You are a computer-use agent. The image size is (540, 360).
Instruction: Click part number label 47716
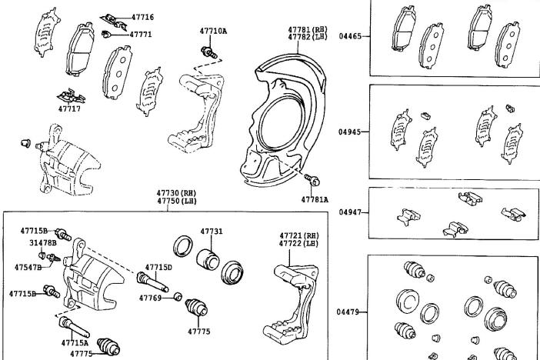point(142,17)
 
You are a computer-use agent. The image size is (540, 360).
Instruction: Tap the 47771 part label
point(140,34)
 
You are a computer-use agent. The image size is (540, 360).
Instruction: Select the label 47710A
point(213,32)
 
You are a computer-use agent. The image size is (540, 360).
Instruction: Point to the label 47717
point(68,108)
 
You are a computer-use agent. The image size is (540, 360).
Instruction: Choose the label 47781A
point(315,199)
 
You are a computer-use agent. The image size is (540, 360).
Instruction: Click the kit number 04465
point(349,36)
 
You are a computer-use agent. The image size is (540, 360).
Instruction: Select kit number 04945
point(349,131)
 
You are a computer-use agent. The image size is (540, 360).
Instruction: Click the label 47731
point(212,231)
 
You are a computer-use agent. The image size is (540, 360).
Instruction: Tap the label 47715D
point(159,267)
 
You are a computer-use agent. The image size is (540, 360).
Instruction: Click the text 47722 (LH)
point(298,244)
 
